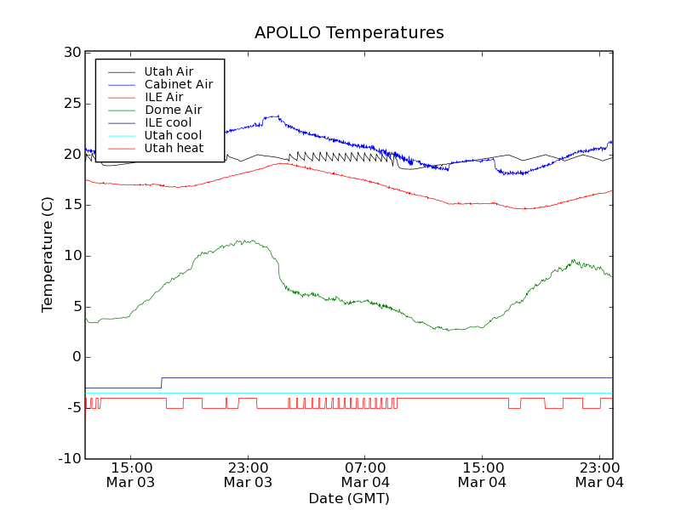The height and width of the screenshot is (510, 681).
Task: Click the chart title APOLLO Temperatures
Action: tap(349, 33)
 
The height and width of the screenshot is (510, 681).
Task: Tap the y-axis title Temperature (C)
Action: tap(49, 255)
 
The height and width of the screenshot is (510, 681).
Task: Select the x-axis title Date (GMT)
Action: tap(349, 498)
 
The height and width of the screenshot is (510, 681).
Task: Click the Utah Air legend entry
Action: tap(169, 71)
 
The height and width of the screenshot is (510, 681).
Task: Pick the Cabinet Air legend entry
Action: tap(178, 84)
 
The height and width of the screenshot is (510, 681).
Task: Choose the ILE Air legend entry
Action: tap(163, 97)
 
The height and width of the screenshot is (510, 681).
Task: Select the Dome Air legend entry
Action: tap(173, 110)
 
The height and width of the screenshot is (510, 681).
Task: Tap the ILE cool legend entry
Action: tap(168, 122)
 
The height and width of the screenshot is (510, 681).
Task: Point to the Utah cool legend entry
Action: tap(173, 135)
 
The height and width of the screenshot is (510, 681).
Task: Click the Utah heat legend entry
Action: tap(174, 148)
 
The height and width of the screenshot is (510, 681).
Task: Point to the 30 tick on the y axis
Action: tap(72, 53)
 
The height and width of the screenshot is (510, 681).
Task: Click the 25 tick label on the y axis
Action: tap(72, 104)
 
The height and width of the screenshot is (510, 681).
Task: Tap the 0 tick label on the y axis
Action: tap(76, 357)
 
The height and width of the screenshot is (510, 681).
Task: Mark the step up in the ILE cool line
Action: tap(162, 382)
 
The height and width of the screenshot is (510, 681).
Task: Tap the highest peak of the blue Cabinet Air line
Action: tap(277, 116)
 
